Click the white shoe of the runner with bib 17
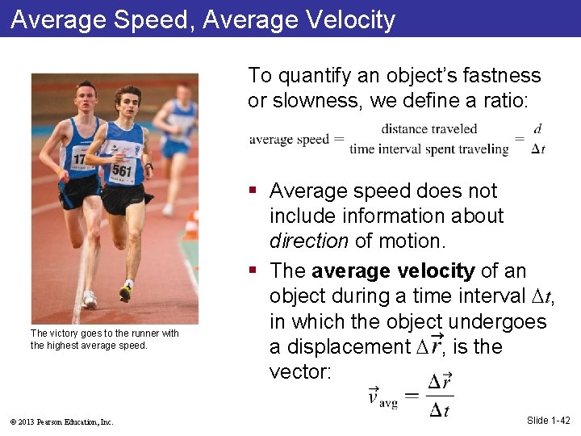(89, 300)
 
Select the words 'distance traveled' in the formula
(428, 129)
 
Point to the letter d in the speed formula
(537, 129)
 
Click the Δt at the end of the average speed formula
(538, 149)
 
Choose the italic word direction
(307, 241)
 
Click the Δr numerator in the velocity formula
(440, 382)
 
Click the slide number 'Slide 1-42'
(548, 420)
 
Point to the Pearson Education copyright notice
(62, 421)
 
